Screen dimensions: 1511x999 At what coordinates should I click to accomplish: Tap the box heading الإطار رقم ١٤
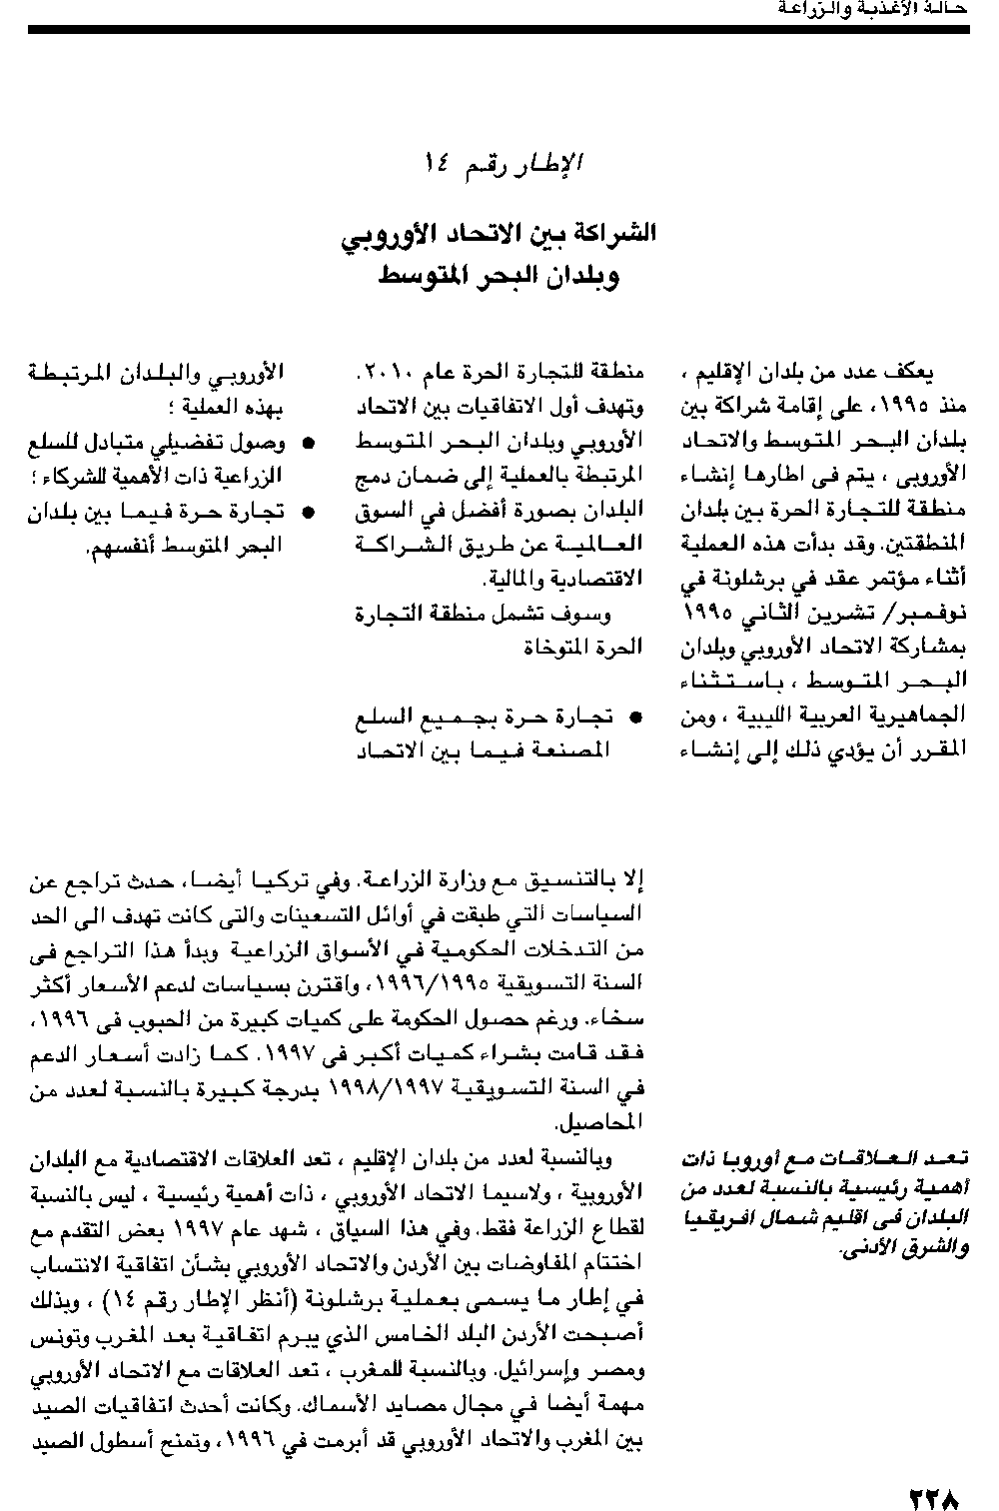click(502, 161)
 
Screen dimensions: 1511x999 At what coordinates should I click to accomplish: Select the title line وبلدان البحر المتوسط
click(499, 275)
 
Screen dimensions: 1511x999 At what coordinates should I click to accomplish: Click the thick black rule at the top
click(499, 30)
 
